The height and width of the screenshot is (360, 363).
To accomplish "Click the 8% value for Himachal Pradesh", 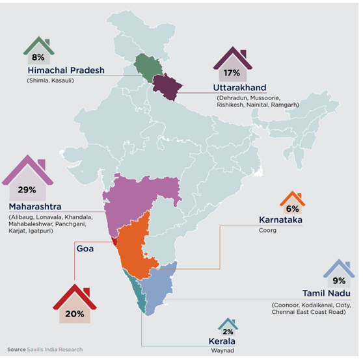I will point(38,57).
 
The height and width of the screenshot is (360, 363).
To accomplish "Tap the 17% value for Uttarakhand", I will point(232,73).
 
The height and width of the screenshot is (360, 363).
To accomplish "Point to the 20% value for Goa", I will point(75,314).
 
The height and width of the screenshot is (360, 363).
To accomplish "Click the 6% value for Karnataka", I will point(292,209).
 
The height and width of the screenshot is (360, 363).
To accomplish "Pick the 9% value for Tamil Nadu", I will point(339,281).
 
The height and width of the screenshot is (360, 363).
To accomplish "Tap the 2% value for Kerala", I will point(227,330).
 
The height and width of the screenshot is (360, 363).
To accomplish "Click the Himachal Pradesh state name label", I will point(66,70).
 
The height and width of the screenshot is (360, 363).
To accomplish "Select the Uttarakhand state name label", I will point(239,88).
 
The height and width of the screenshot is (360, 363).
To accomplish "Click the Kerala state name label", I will point(221,341).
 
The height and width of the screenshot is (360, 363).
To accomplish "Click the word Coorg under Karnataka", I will point(267,230).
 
